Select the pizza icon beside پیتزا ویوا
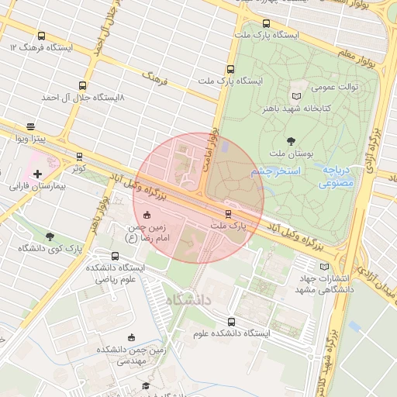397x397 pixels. (x=30, y=126)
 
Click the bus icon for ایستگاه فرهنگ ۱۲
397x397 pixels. (x=41, y=36)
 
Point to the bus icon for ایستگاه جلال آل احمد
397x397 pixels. (x=82, y=86)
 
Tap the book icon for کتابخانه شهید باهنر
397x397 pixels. (x=294, y=95)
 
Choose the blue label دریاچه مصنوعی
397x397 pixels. (x=336, y=176)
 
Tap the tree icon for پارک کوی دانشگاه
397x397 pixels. (x=50, y=236)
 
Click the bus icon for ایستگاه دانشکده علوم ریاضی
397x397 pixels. (x=94, y=257)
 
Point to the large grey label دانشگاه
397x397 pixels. (x=188, y=299)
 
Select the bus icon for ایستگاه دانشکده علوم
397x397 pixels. (x=230, y=321)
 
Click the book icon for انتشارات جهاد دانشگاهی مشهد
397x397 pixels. (x=324, y=268)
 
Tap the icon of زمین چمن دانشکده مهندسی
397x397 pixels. (x=132, y=337)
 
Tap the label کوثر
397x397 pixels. (x=78, y=167)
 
